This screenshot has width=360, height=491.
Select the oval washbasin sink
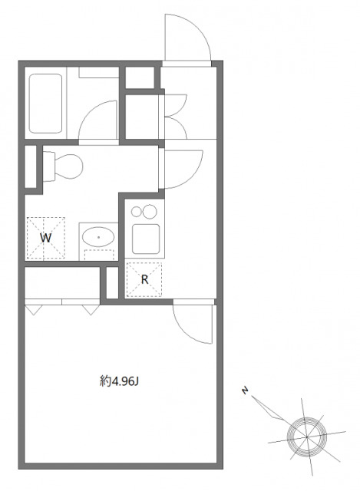point(97,238)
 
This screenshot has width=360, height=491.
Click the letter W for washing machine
point(46,238)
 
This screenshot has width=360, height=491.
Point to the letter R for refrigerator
point(144,279)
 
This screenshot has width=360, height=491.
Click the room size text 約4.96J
point(119,380)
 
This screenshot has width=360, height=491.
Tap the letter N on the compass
point(244,392)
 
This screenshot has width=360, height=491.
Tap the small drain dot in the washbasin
point(97,237)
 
